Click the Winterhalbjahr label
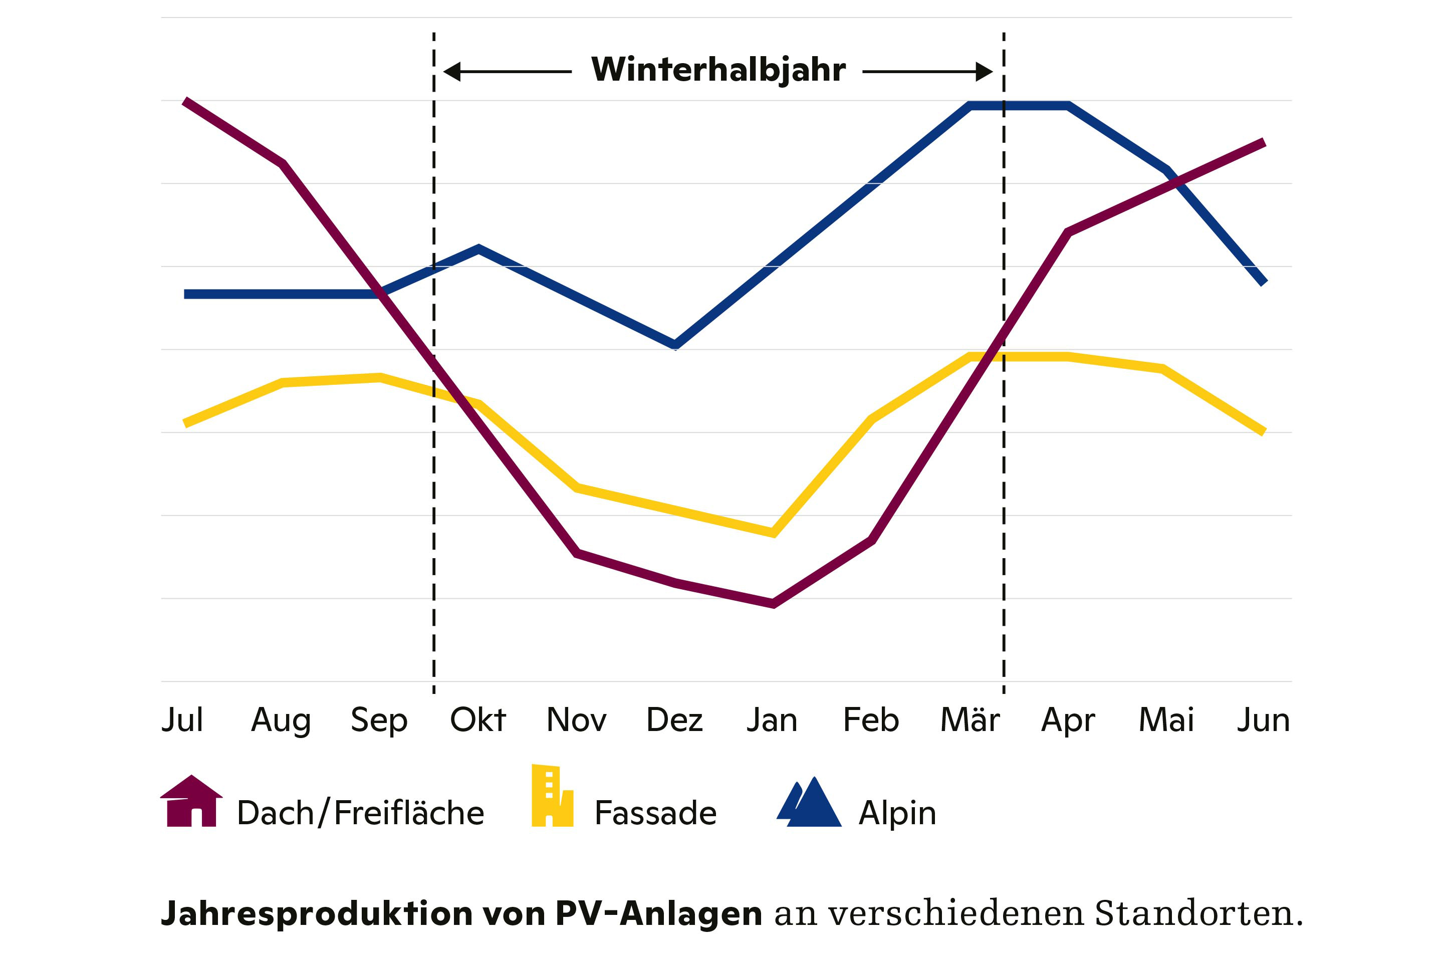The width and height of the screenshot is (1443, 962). coord(718,70)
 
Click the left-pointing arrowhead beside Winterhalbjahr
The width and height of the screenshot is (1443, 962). coord(452,72)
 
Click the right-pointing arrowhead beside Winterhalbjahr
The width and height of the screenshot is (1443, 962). coord(984,72)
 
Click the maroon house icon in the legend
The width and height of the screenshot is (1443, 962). coord(191,801)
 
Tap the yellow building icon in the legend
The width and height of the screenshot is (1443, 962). coord(552,796)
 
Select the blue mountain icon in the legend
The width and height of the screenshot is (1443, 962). coord(809,803)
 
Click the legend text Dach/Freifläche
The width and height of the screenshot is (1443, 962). coord(361,814)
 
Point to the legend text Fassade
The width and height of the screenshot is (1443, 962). coord(655,814)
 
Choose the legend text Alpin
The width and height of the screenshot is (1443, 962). coord(897,814)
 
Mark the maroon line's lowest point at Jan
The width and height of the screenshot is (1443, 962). coord(773,604)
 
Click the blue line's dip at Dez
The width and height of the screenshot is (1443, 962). coord(675,345)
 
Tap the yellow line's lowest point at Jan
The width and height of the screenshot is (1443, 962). coord(774,533)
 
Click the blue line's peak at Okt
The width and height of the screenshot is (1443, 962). coord(478,249)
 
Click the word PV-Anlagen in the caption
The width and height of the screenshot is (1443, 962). coord(658,913)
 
